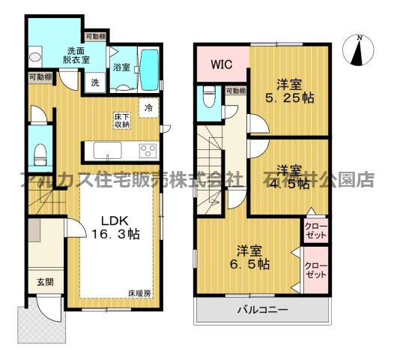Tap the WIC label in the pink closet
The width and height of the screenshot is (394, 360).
220,64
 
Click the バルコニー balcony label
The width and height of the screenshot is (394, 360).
263,310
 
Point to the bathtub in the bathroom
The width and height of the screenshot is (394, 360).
149,68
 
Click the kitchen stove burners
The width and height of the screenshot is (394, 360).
146,150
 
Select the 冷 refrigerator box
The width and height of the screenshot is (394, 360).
149,107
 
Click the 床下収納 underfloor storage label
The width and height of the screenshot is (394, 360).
122,120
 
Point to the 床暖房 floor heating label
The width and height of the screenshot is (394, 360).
139,293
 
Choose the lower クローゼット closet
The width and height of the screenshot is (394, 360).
315,270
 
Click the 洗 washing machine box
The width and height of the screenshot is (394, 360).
95,82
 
